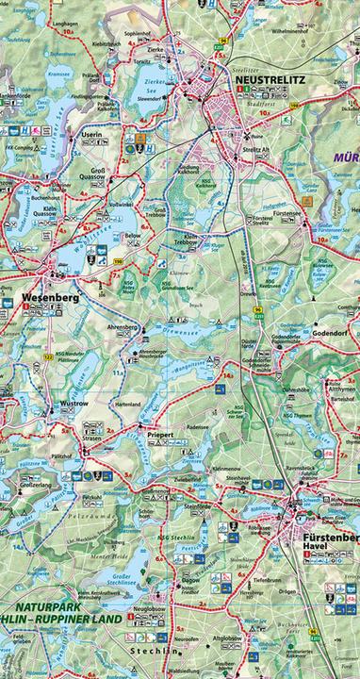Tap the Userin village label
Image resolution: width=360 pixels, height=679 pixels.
tap(91, 136)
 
